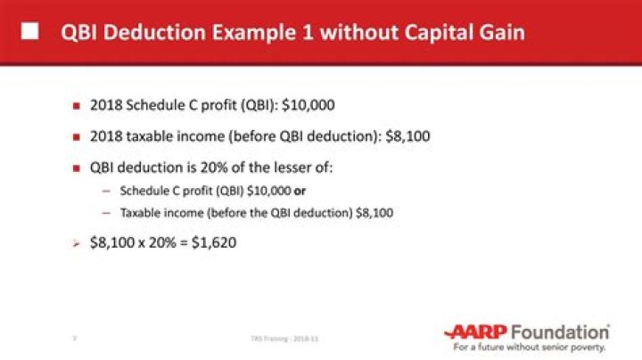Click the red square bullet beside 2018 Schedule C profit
tap(77, 106)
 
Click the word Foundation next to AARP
tap(563, 331)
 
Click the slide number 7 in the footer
tap(73, 339)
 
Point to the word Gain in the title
tap(502, 34)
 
